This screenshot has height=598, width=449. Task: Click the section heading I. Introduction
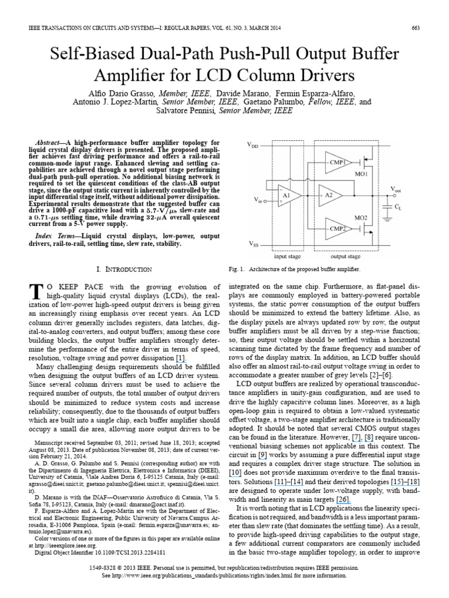[124, 269]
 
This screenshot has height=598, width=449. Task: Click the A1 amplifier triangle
[286, 194]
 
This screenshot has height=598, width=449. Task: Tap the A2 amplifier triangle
[328, 194]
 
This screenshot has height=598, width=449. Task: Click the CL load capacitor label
[398, 207]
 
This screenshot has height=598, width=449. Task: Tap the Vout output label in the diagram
[396, 188]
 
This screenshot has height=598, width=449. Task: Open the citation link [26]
[326, 483]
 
